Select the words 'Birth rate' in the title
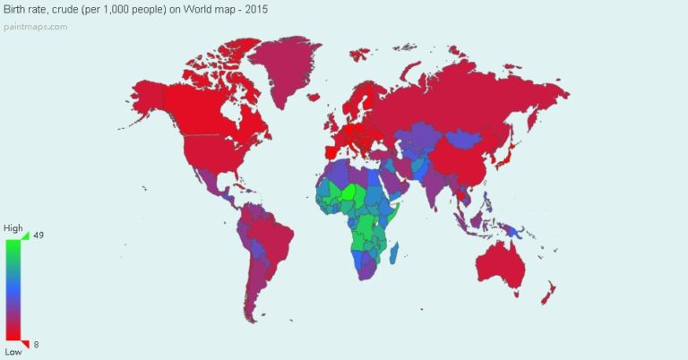coord(27,10)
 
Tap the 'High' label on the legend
coord(15,228)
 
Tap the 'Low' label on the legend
coord(13,351)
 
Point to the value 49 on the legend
coord(39,236)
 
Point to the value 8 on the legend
coord(37,344)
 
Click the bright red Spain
coord(332,140)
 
